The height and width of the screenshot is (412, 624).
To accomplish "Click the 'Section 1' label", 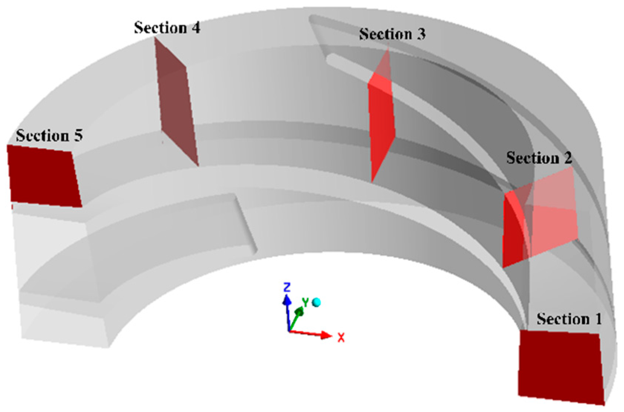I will tap(569, 319).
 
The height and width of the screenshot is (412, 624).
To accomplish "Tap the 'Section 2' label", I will tap(539, 158).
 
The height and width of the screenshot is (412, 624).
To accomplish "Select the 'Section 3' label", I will tap(392, 34).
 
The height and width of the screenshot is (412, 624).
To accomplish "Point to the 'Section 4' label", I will tap(167, 27).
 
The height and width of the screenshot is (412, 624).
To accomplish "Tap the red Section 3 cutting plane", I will tap(381, 123).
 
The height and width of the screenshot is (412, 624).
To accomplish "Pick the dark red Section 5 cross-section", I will tap(44, 175).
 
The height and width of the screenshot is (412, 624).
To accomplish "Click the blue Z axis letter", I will tap(287, 287).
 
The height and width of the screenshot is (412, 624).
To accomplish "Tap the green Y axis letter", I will tap(305, 302).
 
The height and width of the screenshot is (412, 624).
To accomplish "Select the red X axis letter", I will tap(341, 338).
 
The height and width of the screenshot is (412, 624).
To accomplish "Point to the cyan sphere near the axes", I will tap(316, 302).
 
